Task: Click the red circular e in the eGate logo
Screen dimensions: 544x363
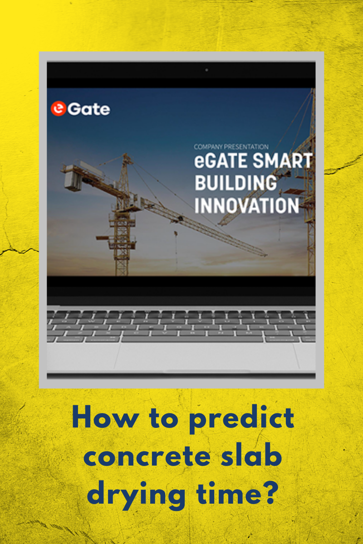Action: coord(58,109)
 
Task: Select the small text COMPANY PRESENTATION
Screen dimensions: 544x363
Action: coord(231,147)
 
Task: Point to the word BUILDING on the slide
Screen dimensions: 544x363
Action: coord(235,183)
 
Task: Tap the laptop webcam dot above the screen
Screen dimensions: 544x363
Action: coord(206,70)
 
